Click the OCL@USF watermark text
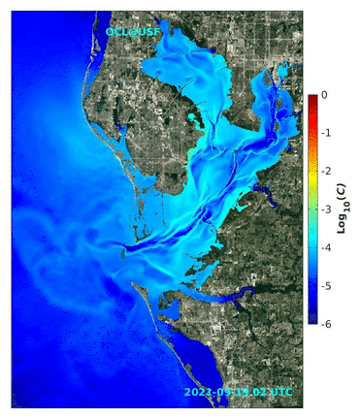pos(133,32)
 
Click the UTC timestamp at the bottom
pos(237,392)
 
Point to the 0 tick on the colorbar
pos(324,95)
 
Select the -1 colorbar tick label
pos(324,133)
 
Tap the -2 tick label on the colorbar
pos(324,171)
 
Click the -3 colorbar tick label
pos(324,209)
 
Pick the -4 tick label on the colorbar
pos(324,246)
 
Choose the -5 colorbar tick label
pos(324,284)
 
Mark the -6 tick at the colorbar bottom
pos(324,322)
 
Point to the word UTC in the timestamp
pos(280,392)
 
